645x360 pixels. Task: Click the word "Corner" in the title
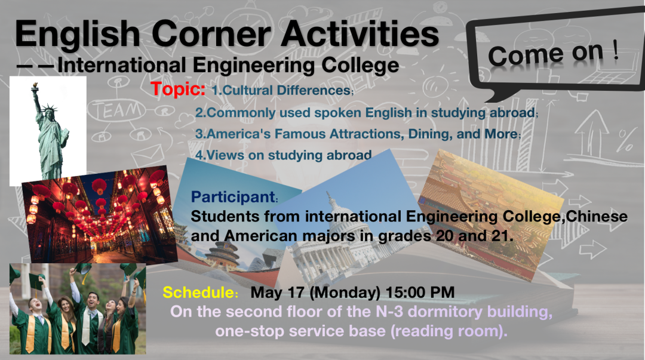pos(211,34)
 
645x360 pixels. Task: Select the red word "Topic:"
pos(178,89)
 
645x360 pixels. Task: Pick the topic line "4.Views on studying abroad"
pos(284,155)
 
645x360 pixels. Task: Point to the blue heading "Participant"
pos(233,197)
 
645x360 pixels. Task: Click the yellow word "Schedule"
pos(198,293)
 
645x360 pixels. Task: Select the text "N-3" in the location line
pos(389,312)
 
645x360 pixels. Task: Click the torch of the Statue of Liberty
pos(35,86)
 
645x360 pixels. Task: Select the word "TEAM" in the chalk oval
pos(118,110)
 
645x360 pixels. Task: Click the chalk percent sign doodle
pos(626,140)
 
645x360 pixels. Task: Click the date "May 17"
pos(277,293)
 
